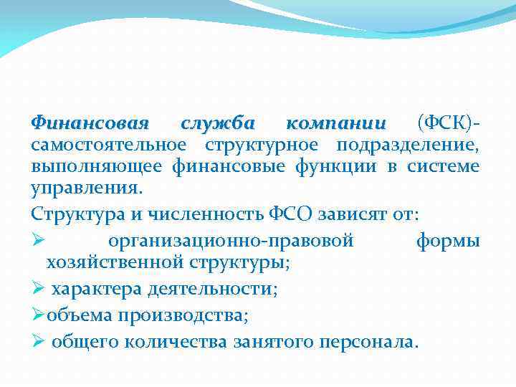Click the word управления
[x=87, y=190]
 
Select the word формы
[x=448, y=240]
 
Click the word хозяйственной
[x=116, y=262]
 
